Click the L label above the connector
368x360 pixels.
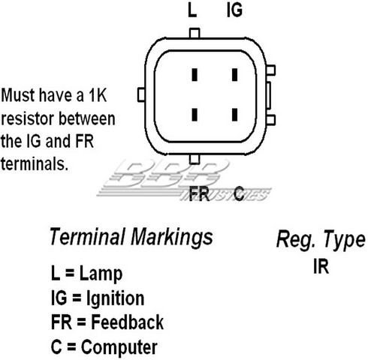click(x=192, y=10)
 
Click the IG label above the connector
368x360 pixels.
click(x=234, y=10)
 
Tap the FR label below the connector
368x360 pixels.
click(x=199, y=194)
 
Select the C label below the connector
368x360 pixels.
click(x=239, y=193)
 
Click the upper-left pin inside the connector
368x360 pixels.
click(x=195, y=75)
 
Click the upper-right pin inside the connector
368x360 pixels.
click(x=234, y=75)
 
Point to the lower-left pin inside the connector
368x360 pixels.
click(x=195, y=115)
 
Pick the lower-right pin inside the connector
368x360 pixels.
click(x=234, y=115)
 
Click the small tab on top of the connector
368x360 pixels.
click(x=195, y=33)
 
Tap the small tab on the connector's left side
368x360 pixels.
click(x=141, y=94)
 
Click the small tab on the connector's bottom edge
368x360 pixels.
click(x=195, y=159)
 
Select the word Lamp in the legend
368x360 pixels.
click(x=101, y=274)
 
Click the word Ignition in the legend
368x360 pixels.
click(x=115, y=298)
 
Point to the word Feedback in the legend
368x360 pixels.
click(x=127, y=322)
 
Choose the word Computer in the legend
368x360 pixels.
click(x=119, y=347)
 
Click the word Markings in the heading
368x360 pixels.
click(x=172, y=237)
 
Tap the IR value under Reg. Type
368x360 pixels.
click(x=321, y=266)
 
